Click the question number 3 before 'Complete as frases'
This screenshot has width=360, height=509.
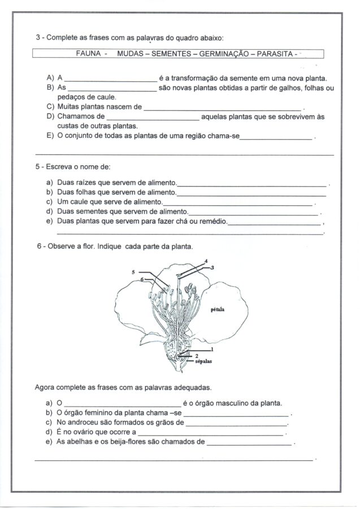38,37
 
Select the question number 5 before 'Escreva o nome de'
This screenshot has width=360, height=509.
38,167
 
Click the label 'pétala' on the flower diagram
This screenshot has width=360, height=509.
218,310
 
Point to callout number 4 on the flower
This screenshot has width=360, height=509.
206,261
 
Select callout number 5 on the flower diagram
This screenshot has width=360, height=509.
133,272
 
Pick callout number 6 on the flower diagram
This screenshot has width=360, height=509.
142,279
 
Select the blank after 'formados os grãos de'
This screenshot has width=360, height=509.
236,424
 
